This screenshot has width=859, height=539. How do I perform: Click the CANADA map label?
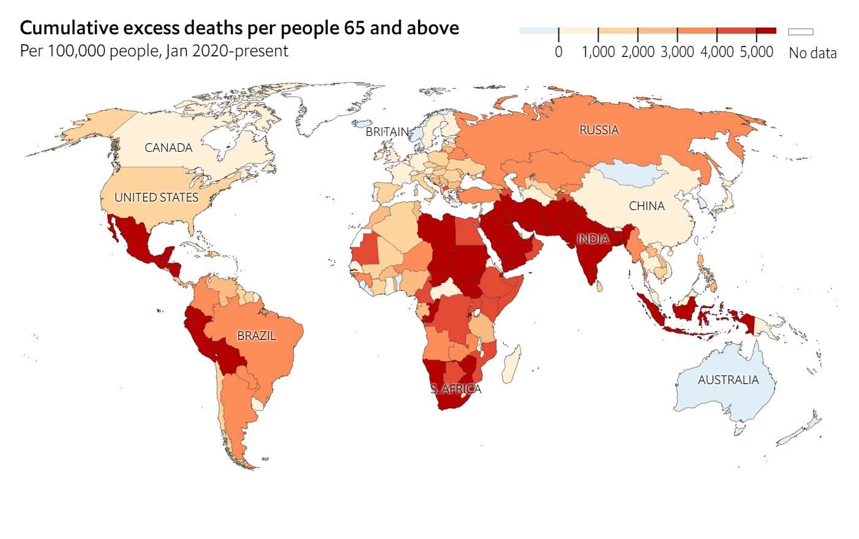(168, 148)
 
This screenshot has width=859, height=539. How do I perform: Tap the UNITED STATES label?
(157, 197)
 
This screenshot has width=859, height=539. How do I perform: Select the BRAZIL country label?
(257, 336)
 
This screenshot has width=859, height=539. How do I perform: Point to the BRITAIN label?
(387, 132)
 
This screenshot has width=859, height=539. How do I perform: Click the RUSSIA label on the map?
(599, 130)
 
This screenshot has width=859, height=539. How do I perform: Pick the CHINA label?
(647, 206)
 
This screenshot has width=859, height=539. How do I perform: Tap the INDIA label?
(593, 239)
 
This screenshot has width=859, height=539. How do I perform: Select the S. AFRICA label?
(456, 389)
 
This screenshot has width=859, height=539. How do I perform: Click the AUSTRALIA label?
(728, 380)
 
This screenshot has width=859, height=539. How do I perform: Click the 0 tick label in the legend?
(558, 52)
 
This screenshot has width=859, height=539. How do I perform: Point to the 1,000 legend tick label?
(598, 52)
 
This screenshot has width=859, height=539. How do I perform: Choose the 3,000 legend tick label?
(677, 52)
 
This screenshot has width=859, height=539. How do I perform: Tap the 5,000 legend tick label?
(756, 52)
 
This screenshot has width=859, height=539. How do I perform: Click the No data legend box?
(800, 32)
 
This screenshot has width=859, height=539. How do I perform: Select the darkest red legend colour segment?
(766, 31)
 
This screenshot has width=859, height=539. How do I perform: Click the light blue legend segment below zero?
(538, 31)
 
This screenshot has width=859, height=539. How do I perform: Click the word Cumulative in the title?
(69, 28)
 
